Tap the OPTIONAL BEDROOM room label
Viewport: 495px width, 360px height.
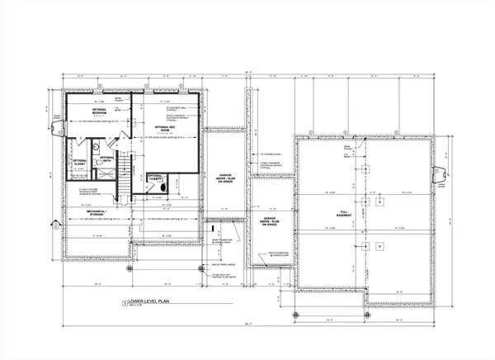(100, 111)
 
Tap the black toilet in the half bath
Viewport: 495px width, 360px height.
(162, 187)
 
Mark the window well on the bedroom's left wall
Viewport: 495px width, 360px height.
(56, 127)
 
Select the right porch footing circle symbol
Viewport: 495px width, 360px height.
(243, 267)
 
